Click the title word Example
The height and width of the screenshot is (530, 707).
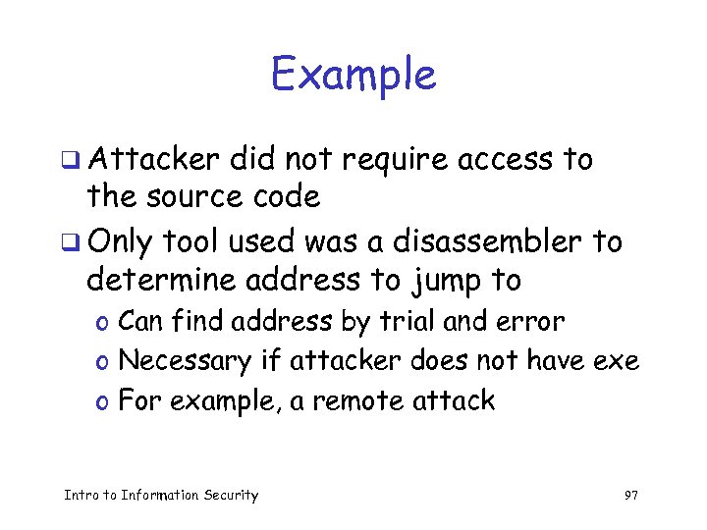coord(353,75)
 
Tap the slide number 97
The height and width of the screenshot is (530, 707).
coord(631,495)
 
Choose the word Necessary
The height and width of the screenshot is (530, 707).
coord(185,361)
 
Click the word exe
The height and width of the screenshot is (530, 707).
coord(617,361)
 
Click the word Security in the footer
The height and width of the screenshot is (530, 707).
coord(229,495)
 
